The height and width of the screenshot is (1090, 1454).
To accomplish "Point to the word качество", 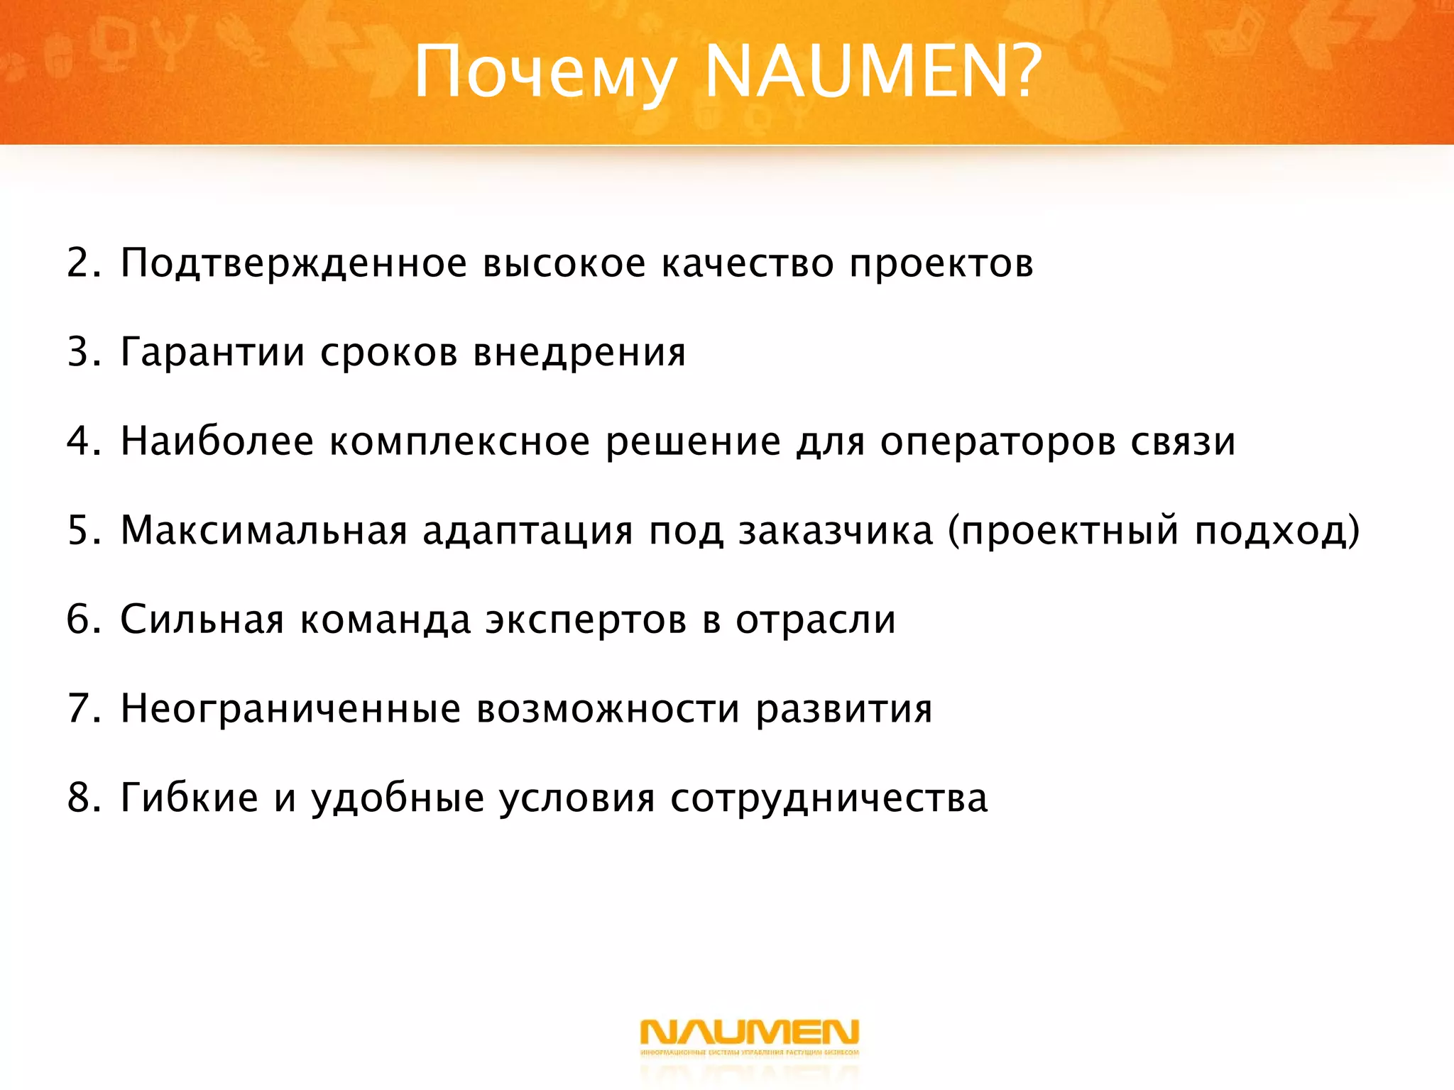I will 748,263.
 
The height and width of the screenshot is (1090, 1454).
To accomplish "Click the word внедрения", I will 579,352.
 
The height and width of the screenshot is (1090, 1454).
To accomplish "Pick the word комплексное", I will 459,441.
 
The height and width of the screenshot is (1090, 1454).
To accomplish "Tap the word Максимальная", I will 264,530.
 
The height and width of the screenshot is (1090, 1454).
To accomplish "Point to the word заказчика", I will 836,531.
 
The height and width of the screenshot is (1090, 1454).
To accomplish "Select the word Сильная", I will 202,620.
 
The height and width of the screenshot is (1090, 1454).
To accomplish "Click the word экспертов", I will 586,621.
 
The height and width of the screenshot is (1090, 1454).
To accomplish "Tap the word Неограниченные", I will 290,709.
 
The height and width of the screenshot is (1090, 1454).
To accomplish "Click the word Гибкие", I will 189,798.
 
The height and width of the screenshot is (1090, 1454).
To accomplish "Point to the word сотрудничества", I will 829,799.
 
